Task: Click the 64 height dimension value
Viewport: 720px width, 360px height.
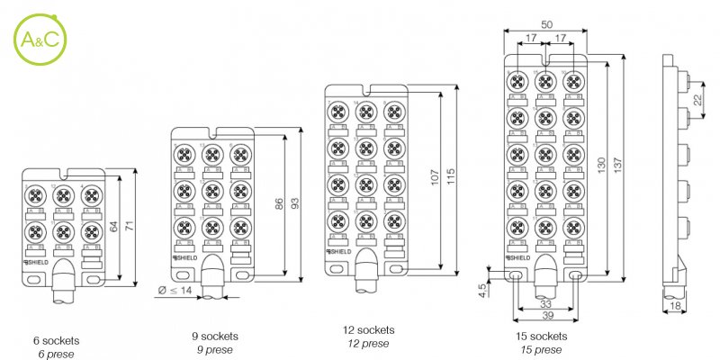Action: point(113,228)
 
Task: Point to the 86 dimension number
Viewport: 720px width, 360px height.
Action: point(279,205)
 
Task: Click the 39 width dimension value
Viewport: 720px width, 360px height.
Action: point(547,316)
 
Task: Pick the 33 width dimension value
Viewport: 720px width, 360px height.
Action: point(547,304)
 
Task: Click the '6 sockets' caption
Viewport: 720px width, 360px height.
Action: point(56,341)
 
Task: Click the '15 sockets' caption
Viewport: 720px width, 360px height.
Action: point(542,336)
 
